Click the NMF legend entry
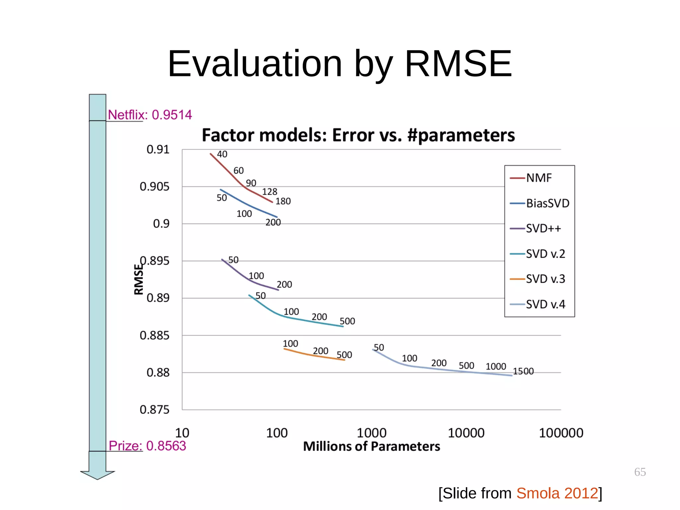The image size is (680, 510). pyautogui.click(x=538, y=178)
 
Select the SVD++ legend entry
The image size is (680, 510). pyautogui.click(x=543, y=229)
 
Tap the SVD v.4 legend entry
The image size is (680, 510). pyautogui.click(x=545, y=304)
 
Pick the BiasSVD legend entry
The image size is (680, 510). pyautogui.click(x=547, y=203)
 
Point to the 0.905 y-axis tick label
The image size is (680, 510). pyautogui.click(x=154, y=186)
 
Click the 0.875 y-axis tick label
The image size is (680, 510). pyautogui.click(x=154, y=410)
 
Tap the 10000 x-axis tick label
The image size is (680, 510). pyautogui.click(x=466, y=433)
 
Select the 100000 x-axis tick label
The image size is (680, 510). pyautogui.click(x=561, y=433)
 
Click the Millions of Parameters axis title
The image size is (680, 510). pyautogui.click(x=371, y=447)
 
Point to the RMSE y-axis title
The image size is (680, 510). pyautogui.click(x=139, y=279)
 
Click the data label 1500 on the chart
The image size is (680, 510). pyautogui.click(x=523, y=371)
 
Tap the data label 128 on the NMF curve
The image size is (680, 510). pyautogui.click(x=269, y=192)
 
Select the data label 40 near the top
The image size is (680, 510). pyautogui.click(x=222, y=154)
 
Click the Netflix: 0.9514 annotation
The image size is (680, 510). pyautogui.click(x=150, y=115)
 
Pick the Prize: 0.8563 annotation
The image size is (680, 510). pyautogui.click(x=147, y=446)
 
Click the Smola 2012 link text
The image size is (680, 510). pyautogui.click(x=557, y=493)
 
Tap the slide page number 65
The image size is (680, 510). pyautogui.click(x=640, y=472)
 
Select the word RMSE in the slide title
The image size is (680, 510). pyautogui.click(x=458, y=64)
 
